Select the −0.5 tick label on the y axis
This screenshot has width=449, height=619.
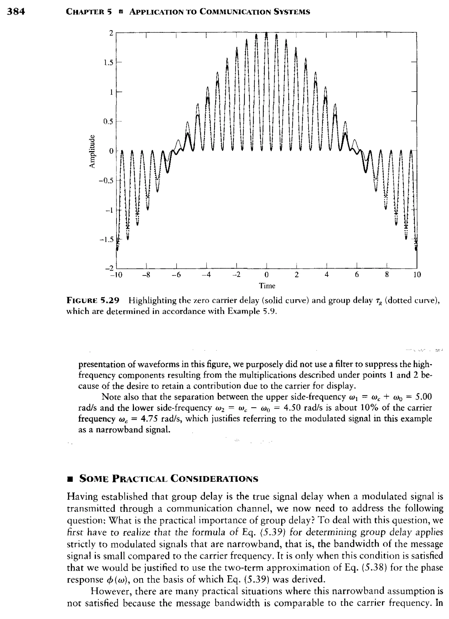[x=107, y=181]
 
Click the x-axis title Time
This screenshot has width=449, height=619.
[x=267, y=286]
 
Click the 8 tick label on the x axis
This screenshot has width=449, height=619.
[x=387, y=275]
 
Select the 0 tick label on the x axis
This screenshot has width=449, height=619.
[x=267, y=275]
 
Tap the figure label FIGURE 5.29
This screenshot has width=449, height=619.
[x=93, y=300]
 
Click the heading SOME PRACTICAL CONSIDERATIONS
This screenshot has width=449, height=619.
[x=168, y=478]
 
